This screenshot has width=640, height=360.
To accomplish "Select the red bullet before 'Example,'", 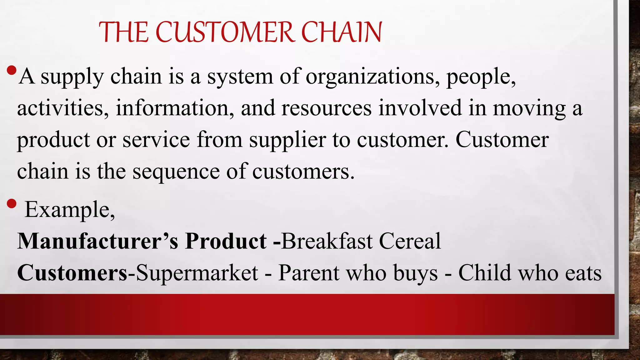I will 11,204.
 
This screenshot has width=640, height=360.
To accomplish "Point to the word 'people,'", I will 481,77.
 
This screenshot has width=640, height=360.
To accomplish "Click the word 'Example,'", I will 70,210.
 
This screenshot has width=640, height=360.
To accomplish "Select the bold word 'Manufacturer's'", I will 97,241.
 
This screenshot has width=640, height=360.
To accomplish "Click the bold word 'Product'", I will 226,241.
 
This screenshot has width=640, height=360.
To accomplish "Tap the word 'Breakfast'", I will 327,241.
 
